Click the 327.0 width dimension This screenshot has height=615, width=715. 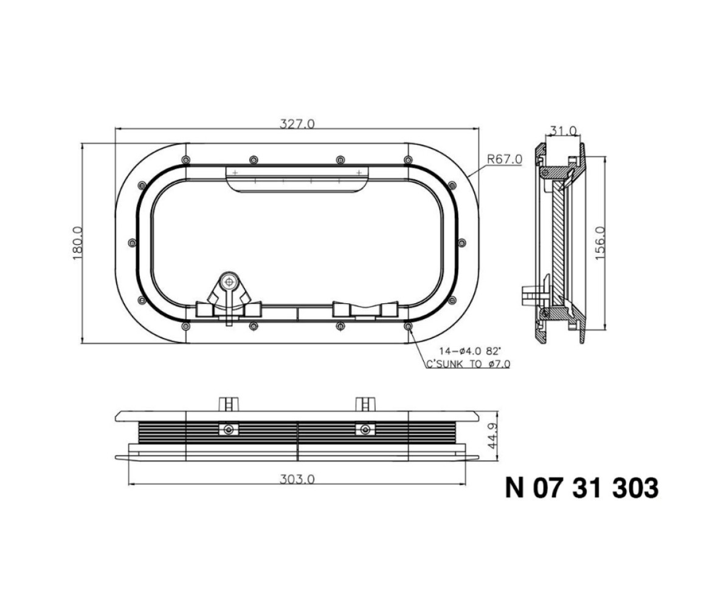[x=297, y=123]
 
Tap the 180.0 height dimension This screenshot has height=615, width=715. [x=78, y=244]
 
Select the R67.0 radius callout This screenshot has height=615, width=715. [x=505, y=160]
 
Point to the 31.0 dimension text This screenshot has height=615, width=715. [x=564, y=131]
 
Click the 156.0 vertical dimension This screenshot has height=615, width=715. [x=600, y=244]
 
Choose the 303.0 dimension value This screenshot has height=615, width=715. [x=297, y=479]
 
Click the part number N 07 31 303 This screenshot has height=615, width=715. [x=582, y=488]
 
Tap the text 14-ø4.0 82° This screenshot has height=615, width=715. [x=470, y=351]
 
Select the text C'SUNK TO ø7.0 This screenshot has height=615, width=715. [x=468, y=364]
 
